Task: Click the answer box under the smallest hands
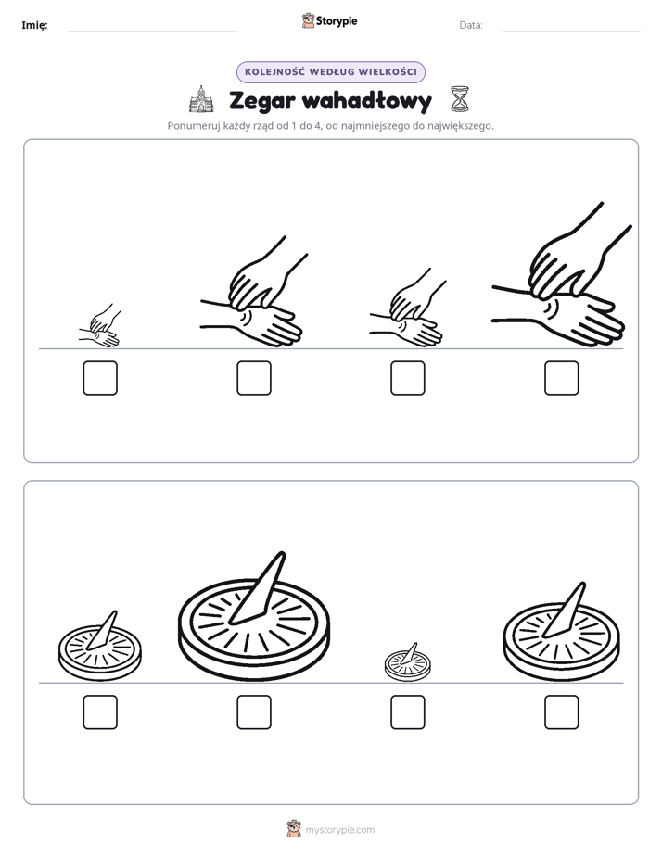click(x=100, y=378)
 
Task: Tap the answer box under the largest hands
click(x=562, y=378)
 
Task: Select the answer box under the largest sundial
click(x=254, y=712)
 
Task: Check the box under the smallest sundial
click(x=408, y=712)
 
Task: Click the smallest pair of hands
click(x=100, y=326)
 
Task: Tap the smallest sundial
click(x=407, y=662)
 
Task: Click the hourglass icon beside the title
click(x=460, y=99)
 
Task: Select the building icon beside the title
click(x=201, y=99)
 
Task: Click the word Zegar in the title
click(x=261, y=102)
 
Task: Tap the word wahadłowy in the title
click(x=366, y=102)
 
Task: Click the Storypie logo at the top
click(x=330, y=21)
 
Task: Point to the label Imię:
click(x=34, y=25)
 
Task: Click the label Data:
click(x=471, y=25)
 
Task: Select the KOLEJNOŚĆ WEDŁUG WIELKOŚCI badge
click(x=331, y=72)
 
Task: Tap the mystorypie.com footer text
click(x=339, y=830)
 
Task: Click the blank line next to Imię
click(x=152, y=31)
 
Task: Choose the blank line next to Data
click(x=571, y=31)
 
